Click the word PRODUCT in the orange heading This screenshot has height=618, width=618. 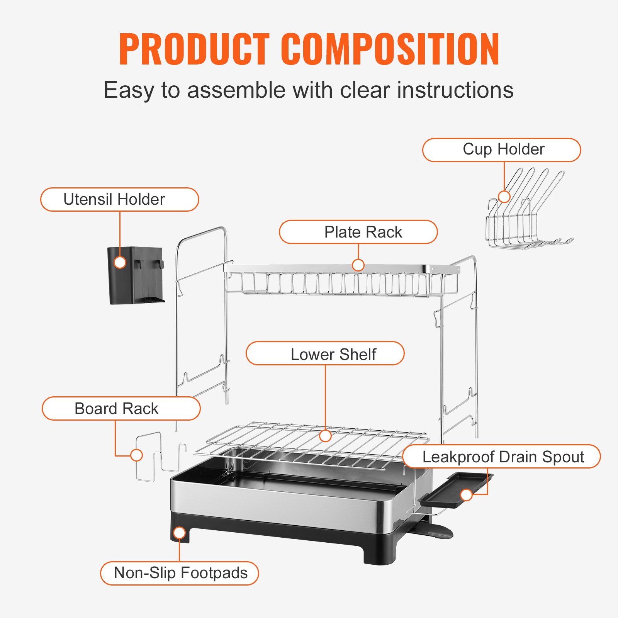point(194,49)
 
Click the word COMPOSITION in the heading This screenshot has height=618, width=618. point(390,49)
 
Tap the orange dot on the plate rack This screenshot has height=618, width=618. point(358,265)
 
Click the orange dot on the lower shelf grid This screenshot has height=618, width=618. point(326,436)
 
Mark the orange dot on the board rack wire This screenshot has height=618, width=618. point(136,455)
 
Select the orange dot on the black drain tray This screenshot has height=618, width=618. point(467,494)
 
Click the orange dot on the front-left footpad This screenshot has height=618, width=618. point(180,533)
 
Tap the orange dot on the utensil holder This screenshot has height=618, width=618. point(120,263)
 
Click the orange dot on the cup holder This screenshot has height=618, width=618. point(504,197)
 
